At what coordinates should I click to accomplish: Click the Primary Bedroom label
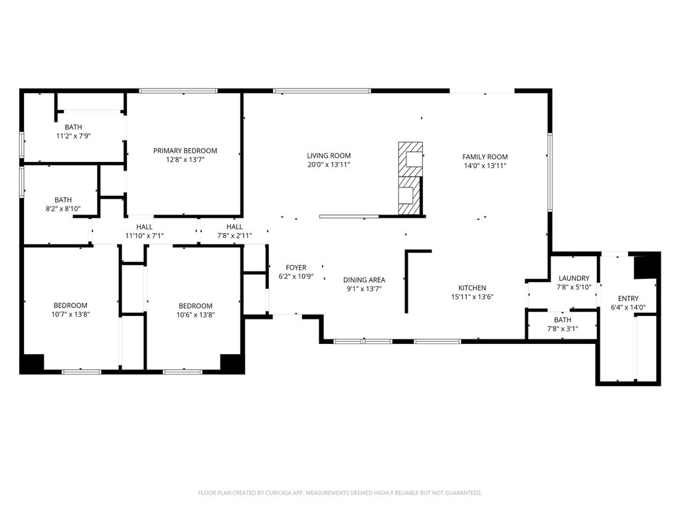pos(185,151)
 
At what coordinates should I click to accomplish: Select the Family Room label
pos(485,157)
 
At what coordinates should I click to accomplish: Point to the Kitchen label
pos(471,288)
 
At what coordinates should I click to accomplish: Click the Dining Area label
pos(364,280)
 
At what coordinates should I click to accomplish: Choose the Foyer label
pos(296,268)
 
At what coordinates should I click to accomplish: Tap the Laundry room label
pos(574,278)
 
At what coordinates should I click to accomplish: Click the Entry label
pos(628,299)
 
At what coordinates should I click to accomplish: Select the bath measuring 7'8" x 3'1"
pos(562,324)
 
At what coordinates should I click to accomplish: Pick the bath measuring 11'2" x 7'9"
pos(73,131)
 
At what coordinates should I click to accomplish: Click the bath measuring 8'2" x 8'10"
pos(63,204)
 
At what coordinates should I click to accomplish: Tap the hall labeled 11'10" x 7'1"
pos(144,231)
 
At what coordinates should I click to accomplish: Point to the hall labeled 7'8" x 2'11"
pos(234,231)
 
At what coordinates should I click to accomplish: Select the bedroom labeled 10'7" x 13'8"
pos(72,310)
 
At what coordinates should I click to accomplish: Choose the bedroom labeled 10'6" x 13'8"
pos(195,310)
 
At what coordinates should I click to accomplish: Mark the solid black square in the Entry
pos(645,268)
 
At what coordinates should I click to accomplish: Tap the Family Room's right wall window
pos(550,172)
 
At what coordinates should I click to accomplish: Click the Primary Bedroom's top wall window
pos(178,90)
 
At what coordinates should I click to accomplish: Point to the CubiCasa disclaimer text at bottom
pos(340,493)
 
